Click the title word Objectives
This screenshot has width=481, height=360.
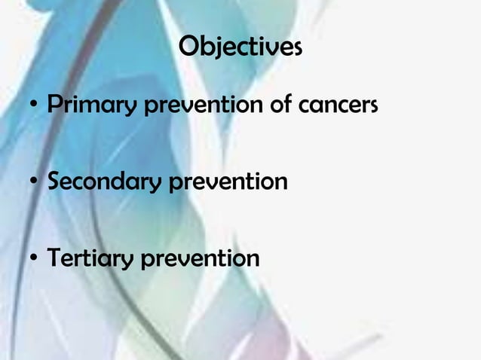pos(240,47)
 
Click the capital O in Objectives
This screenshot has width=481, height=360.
pos(189,47)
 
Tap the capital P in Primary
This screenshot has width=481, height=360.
pos(54,105)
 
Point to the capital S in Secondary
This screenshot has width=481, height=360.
pos(54,182)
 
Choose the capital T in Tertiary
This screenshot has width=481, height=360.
pos(55,258)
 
